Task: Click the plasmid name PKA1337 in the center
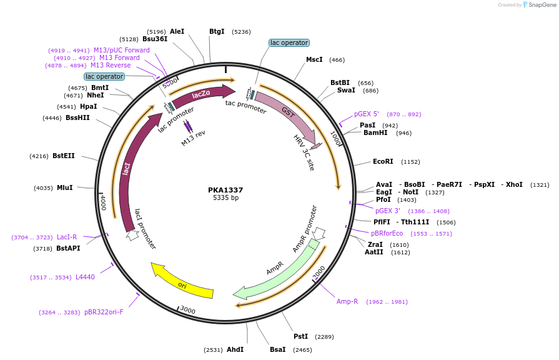225,190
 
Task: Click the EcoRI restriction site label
383,161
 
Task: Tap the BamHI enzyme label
375,132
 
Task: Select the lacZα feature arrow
200,95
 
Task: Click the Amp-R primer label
347,301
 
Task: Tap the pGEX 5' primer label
367,114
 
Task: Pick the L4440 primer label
85,277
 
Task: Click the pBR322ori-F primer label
104,312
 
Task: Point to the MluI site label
65,187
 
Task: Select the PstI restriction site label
300,336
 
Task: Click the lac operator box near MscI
289,43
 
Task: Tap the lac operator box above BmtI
104,76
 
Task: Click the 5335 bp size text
225,198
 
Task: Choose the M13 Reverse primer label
111,65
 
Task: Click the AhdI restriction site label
235,349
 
